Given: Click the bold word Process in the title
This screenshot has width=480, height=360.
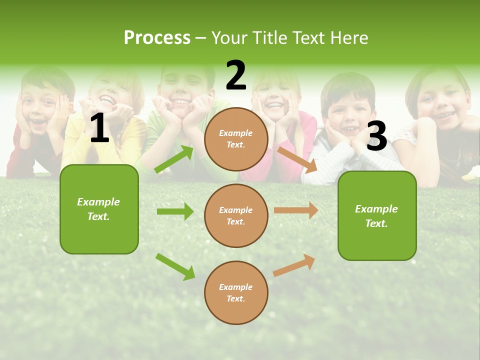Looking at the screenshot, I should coord(157,38).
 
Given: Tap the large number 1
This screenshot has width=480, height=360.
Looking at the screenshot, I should coord(99,128).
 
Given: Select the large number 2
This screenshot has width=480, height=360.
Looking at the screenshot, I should coord(236,75).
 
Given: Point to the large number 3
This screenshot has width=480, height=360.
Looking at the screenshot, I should coord(376,136).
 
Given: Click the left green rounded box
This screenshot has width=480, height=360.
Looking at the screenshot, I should coord(99,209).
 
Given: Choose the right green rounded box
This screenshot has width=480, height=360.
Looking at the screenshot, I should coord(377,215).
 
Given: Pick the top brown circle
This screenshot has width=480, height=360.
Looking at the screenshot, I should coord(236,139).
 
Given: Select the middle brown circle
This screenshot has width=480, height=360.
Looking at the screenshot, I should coord(236,215).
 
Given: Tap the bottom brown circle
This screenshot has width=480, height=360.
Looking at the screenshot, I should coord(236,292).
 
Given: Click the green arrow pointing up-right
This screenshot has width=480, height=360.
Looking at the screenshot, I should coord(174,159).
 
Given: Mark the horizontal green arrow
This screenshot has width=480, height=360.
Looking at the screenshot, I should coord(175,211).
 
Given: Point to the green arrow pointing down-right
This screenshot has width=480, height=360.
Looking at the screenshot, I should coord(175,266).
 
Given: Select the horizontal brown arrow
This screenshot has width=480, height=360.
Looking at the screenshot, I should coord(296,210).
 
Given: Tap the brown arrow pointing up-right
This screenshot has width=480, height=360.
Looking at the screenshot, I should coord(294,265).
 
